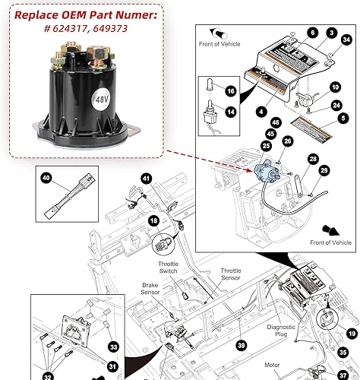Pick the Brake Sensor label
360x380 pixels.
click(x=149, y=292)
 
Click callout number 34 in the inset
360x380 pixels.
click(x=346, y=39)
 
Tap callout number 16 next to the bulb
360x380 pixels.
click(x=231, y=90)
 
